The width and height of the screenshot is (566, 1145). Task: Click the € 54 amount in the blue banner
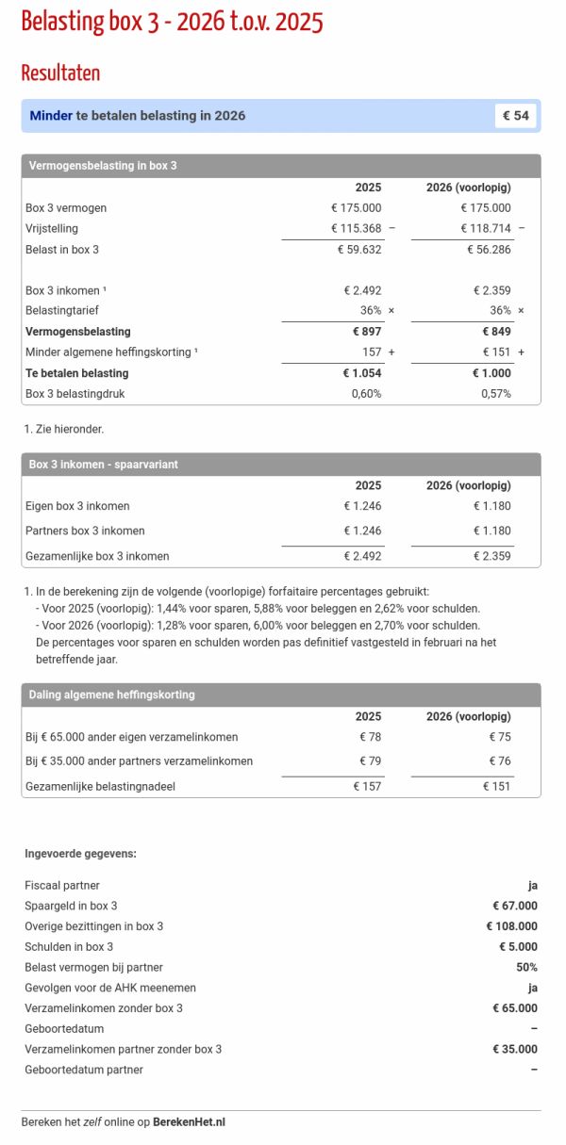(x=516, y=116)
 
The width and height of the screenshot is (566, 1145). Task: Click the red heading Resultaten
(x=60, y=73)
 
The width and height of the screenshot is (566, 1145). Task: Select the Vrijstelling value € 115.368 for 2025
(x=356, y=228)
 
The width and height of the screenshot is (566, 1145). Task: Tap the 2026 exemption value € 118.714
(x=485, y=228)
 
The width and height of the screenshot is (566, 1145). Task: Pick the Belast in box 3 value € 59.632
(x=359, y=250)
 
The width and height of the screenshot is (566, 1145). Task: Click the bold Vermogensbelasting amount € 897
(x=367, y=332)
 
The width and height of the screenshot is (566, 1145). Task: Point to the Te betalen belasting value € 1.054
(x=361, y=373)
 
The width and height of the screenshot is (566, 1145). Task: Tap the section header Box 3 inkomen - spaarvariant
(x=104, y=465)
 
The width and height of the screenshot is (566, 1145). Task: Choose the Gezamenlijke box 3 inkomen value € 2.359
(x=491, y=556)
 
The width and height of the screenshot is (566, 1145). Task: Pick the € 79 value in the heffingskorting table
(x=370, y=761)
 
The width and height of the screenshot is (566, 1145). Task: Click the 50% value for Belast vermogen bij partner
(x=525, y=967)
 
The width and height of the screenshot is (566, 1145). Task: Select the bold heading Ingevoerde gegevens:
(x=80, y=854)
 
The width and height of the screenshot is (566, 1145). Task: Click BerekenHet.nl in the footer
(x=189, y=1122)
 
